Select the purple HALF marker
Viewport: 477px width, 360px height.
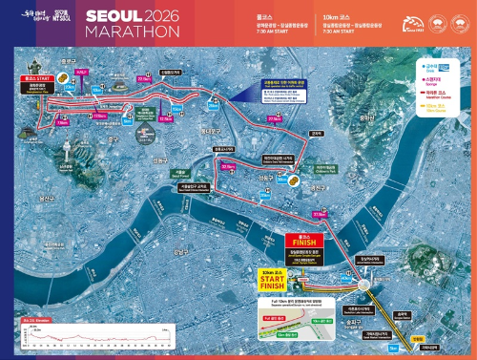tap(81, 72)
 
